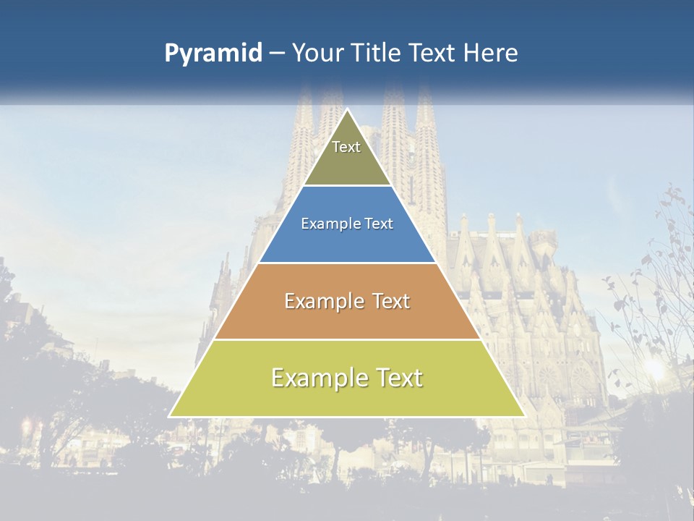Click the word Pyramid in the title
[x=213, y=54]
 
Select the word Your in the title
[x=317, y=54]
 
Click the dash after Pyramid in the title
[x=277, y=54]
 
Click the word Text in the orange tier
[x=386, y=301]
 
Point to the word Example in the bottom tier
[x=319, y=378]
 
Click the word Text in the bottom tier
[x=398, y=378]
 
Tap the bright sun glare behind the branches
[x=654, y=368]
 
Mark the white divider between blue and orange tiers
[x=347, y=263]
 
